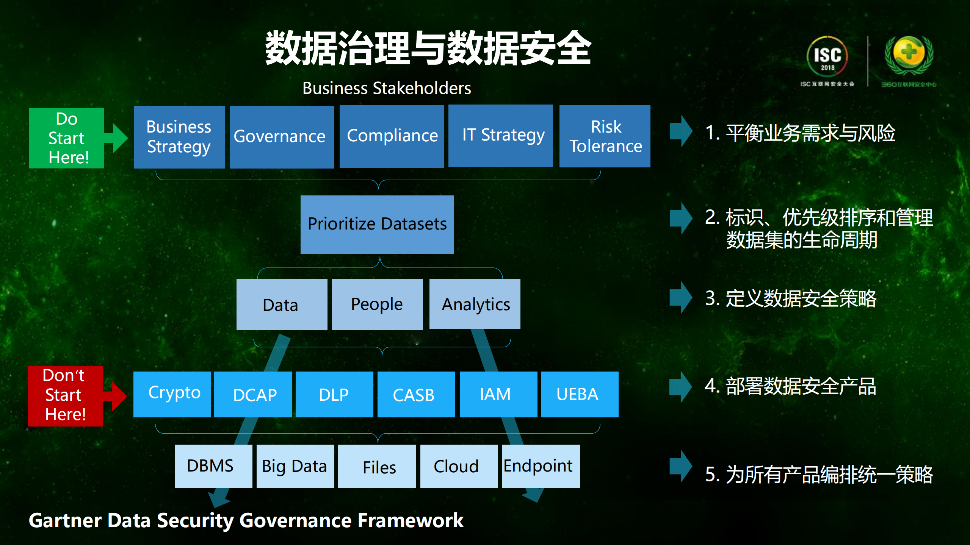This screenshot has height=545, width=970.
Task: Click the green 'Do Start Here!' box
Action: (x=66, y=138)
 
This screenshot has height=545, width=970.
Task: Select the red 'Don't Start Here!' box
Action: (x=65, y=396)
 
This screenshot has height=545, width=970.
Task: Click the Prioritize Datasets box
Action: (x=377, y=224)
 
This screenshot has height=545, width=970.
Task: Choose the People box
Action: (x=377, y=304)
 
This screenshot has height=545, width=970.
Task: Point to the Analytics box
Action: (x=475, y=304)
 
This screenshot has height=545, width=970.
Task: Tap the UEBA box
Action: (x=579, y=394)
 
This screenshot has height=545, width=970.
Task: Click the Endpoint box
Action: (x=541, y=466)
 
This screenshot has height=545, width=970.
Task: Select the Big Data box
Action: (x=295, y=466)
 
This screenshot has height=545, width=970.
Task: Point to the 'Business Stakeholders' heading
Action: (x=386, y=88)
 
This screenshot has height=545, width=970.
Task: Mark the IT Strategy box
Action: (x=500, y=136)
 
